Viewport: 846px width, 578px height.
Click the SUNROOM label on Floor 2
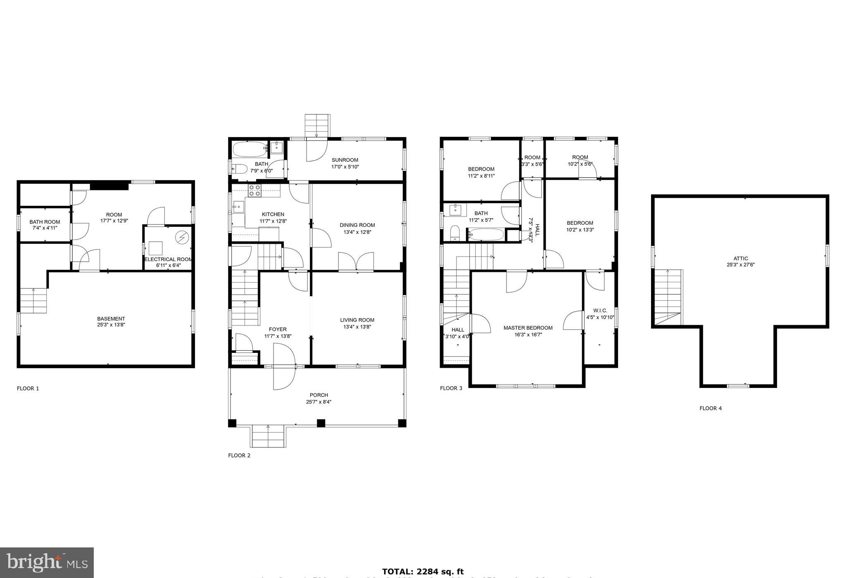click(x=345, y=160)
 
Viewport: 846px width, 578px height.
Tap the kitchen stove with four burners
click(x=254, y=190)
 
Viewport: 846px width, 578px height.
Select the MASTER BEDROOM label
click(x=528, y=328)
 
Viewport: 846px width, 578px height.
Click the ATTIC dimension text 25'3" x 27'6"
click(x=741, y=265)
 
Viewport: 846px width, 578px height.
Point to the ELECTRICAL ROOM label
click(x=168, y=259)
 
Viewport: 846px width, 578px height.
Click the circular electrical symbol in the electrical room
click(x=181, y=238)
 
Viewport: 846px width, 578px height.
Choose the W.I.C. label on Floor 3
click(x=600, y=310)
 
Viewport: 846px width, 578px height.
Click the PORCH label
click(x=318, y=395)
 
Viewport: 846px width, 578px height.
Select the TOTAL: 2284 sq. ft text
click(x=423, y=571)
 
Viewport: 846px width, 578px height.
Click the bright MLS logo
click(x=47, y=562)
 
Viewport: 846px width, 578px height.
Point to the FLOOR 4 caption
click(x=711, y=408)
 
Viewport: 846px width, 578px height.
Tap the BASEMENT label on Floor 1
click(x=111, y=319)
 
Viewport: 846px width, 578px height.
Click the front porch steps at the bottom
click(x=268, y=436)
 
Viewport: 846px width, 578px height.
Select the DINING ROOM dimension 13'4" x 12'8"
click(x=357, y=232)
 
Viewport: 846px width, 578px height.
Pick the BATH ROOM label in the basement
click(x=45, y=222)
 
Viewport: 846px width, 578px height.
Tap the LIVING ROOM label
click(x=357, y=320)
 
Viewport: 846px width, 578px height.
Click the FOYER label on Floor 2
click(x=278, y=329)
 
